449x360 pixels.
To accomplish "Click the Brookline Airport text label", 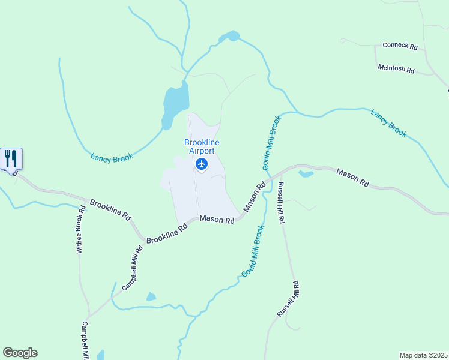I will coord(202,146).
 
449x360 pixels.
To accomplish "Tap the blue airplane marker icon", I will coord(202,164).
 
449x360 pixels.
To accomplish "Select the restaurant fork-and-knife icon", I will coord(11,159).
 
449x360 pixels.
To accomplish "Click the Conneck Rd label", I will coord(400,46).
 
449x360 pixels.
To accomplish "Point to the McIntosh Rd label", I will coord(396,70).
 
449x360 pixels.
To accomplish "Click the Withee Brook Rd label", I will coord(79,230).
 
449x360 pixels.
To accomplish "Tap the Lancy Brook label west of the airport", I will coord(112,157).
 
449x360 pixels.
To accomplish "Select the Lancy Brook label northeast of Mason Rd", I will coord(388,122).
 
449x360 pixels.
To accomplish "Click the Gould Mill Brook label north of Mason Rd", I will coord(271,142).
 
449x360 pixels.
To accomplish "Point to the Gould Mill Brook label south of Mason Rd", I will coord(252,251).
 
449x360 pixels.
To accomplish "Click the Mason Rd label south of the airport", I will coord(217,220).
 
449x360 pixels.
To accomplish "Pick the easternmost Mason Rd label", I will coord(352,178).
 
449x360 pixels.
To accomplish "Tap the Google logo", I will coord(20,353).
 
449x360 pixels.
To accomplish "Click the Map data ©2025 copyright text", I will coord(423,355).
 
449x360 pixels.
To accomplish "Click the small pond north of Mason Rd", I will coord(306,174).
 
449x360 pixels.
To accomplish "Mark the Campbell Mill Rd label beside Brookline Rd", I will coord(132,268).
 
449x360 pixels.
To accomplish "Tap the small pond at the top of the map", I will coord(229,37).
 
